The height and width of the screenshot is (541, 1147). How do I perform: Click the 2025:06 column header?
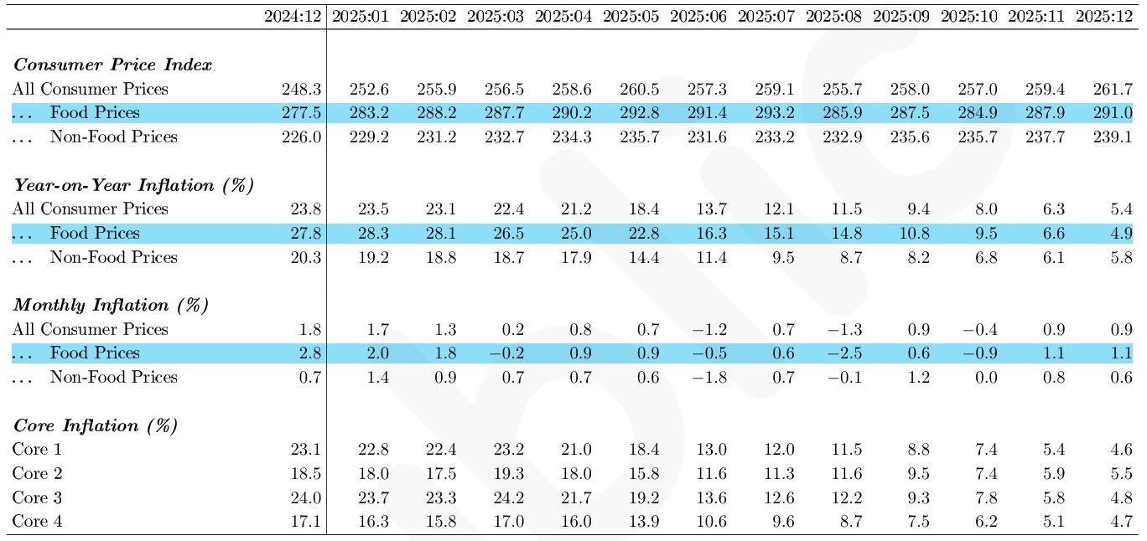tap(698, 17)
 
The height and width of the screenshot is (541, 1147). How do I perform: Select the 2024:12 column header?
tap(293, 17)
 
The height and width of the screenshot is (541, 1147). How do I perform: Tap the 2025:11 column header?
tap(1036, 17)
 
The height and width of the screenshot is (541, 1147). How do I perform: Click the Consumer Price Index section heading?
tap(112, 65)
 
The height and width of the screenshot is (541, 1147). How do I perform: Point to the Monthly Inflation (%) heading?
tap(112, 306)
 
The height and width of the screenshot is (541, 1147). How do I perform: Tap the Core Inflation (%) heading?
tap(96, 426)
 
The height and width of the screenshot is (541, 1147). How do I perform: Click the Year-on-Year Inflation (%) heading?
tap(133, 185)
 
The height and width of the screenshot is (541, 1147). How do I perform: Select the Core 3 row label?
tap(37, 497)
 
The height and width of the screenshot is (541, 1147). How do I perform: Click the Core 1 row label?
tap(37, 450)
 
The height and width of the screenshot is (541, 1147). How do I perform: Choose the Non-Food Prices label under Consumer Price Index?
tap(114, 137)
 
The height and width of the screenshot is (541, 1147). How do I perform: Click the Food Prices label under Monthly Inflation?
tap(95, 353)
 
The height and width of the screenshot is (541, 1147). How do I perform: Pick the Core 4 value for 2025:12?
tap(1121, 522)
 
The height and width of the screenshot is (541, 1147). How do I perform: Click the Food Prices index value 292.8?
tap(640, 113)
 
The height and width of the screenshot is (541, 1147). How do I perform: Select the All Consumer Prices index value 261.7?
tap(1113, 90)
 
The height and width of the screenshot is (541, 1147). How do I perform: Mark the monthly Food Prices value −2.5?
tap(845, 353)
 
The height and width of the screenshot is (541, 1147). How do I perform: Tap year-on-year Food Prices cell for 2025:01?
tap(373, 233)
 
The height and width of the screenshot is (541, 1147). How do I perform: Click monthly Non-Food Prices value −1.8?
tap(709, 378)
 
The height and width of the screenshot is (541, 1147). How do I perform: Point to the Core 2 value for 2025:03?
tap(508, 473)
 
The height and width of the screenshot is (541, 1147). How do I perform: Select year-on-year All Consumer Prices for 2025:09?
tap(919, 209)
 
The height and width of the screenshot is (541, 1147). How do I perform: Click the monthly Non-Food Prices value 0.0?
tap(986, 378)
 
